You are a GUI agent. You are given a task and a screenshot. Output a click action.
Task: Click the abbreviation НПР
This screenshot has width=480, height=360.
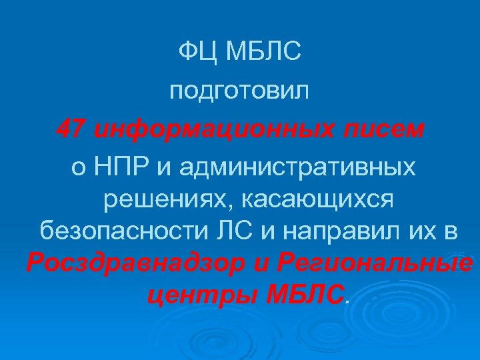(x=121, y=166)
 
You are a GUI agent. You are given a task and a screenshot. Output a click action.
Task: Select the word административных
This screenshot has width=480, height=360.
(x=292, y=166)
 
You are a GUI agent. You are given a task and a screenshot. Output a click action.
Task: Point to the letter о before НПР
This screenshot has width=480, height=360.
(x=79, y=166)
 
